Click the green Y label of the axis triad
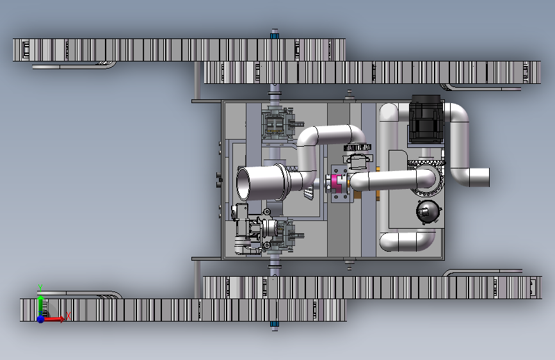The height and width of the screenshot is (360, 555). tap(40, 288)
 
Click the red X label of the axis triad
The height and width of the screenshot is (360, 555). tap(68, 316)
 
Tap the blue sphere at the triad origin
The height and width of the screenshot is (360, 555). tap(41, 319)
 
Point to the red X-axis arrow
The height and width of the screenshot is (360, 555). tap(54, 319)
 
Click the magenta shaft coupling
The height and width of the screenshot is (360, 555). tap(335, 183)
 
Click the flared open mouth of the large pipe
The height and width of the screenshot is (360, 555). tap(243, 183)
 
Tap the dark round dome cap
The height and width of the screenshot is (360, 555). tap(428, 212)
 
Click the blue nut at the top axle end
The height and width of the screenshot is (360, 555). tap(275, 35)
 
